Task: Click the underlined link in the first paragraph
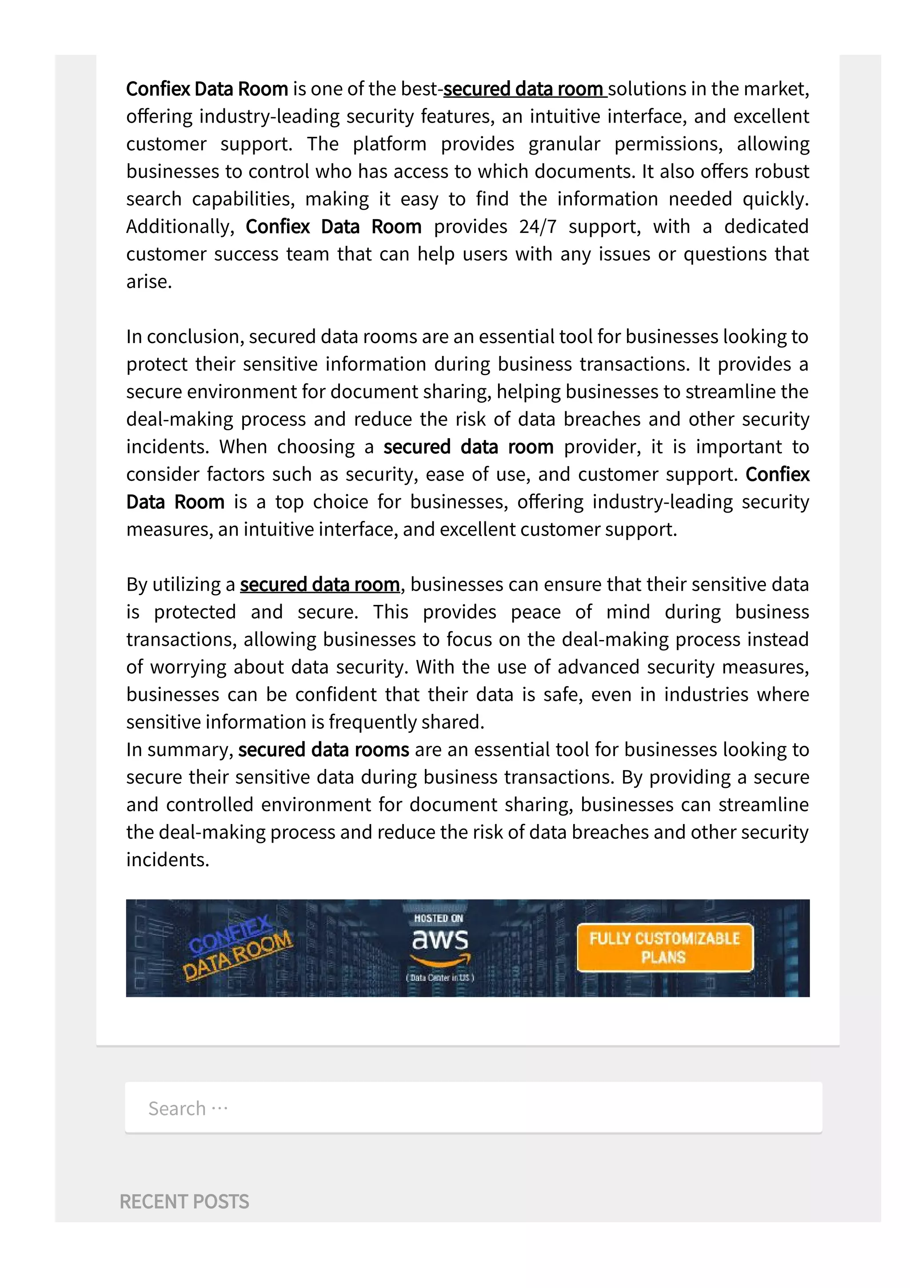coord(524,89)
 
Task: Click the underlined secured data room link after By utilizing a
coord(319,584)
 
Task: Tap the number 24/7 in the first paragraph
coord(538,227)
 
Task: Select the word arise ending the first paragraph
coord(148,282)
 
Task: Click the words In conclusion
coord(184,336)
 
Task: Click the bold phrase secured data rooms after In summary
coord(323,750)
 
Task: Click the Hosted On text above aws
coord(439,918)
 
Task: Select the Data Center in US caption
coord(440,978)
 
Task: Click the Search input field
coord(473,1108)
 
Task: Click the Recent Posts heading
coord(184,1202)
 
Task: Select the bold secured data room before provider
coord(468,447)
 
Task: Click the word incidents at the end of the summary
coord(167,860)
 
